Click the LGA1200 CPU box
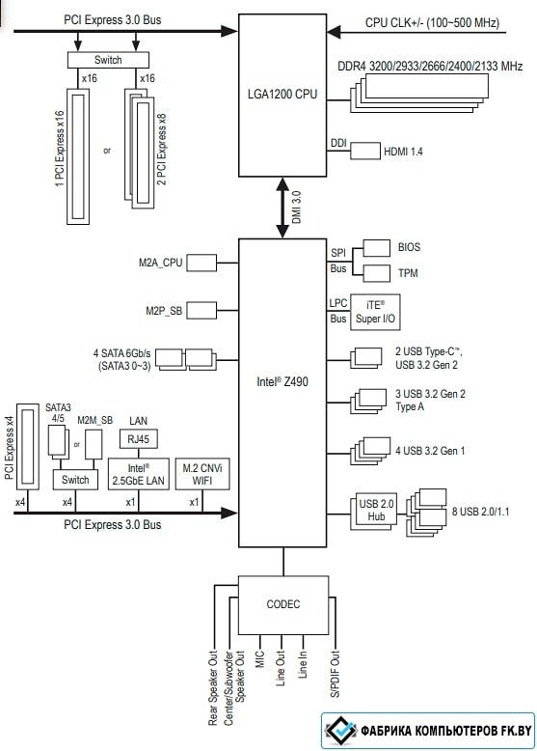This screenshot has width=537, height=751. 282,96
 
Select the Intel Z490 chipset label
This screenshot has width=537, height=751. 282,381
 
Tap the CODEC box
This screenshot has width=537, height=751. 283,605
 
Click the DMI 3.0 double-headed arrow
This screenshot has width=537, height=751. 282,208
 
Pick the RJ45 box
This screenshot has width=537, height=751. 138,438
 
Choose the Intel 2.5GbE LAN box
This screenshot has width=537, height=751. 138,474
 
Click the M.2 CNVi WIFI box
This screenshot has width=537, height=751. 202,474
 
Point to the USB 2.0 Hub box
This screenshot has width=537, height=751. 376,510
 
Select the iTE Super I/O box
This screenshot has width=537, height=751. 375,312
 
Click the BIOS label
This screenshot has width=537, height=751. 409,247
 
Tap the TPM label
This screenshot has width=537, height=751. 408,273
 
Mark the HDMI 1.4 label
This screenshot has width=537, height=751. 403,152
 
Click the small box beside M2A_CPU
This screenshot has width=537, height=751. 201,263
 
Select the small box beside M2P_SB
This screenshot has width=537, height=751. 201,311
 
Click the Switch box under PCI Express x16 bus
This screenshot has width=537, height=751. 108,60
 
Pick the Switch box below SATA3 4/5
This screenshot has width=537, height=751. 75,480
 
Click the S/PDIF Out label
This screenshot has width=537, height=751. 336,673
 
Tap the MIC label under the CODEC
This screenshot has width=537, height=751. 260,659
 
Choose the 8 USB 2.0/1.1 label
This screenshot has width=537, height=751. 480,512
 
